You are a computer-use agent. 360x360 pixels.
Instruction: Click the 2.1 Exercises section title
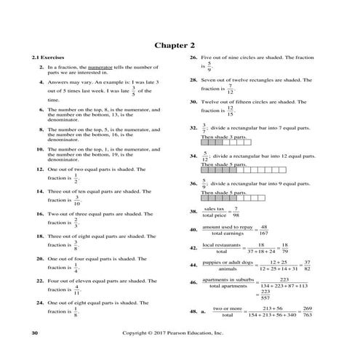pos(41,57)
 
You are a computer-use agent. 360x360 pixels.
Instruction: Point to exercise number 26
pos(193,57)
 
